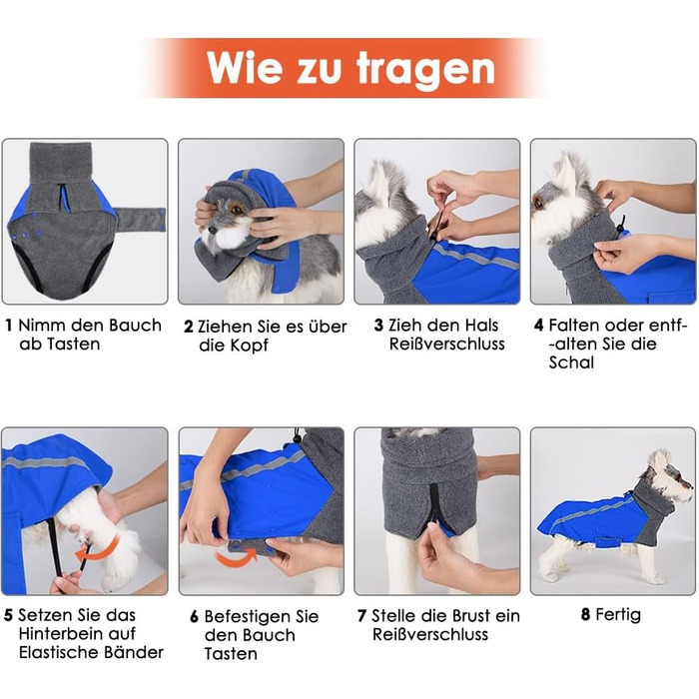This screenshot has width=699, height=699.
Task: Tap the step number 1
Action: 8,325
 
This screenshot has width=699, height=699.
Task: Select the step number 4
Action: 539,325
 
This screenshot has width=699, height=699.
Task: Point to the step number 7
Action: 362,616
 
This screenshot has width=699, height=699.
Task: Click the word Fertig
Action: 618,616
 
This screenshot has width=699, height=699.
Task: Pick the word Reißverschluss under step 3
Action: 447,344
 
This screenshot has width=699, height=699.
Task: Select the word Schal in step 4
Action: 571,362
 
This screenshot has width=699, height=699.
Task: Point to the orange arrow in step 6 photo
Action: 237,557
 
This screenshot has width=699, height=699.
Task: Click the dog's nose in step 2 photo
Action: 213,230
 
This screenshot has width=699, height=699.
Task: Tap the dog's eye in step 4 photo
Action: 540,203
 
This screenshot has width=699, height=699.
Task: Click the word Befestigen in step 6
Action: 247,616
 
